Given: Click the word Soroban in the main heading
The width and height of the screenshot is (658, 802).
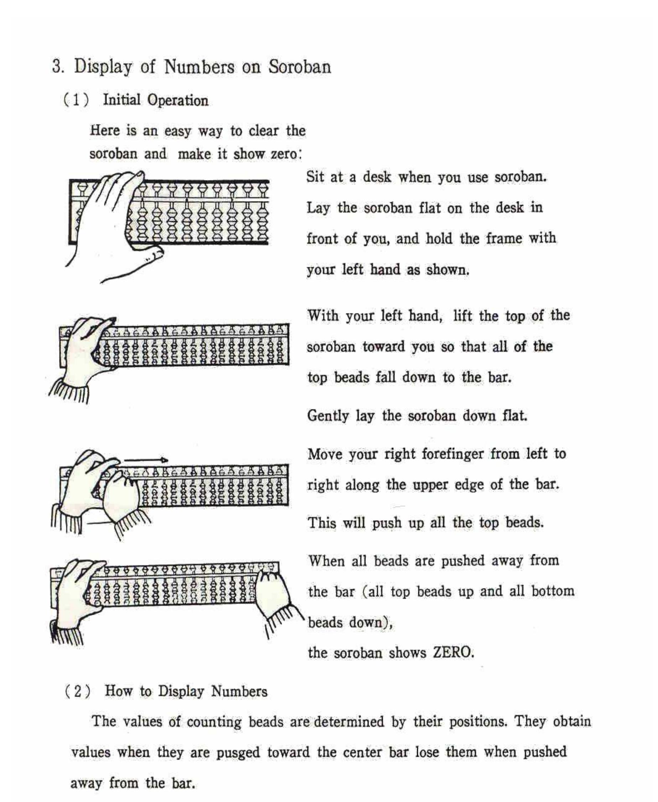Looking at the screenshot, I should pos(300,67).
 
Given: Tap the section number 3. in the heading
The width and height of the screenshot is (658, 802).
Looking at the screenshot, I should pos(58,67).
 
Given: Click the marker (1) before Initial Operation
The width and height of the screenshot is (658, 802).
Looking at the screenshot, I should pos(77,100).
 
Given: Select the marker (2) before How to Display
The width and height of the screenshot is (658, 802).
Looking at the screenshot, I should pos(78,691).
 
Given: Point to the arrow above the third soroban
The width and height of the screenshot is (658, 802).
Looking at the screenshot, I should pos(146,460).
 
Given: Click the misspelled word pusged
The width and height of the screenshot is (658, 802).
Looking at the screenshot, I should pos(238,752).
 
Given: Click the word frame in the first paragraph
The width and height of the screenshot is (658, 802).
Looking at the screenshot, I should pos(503,238).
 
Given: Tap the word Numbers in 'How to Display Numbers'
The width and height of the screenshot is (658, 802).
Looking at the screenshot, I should pos(239,691).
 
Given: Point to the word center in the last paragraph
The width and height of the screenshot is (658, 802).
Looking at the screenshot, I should pos(362,752).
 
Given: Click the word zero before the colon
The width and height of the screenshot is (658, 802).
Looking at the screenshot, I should pos(284,154).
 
